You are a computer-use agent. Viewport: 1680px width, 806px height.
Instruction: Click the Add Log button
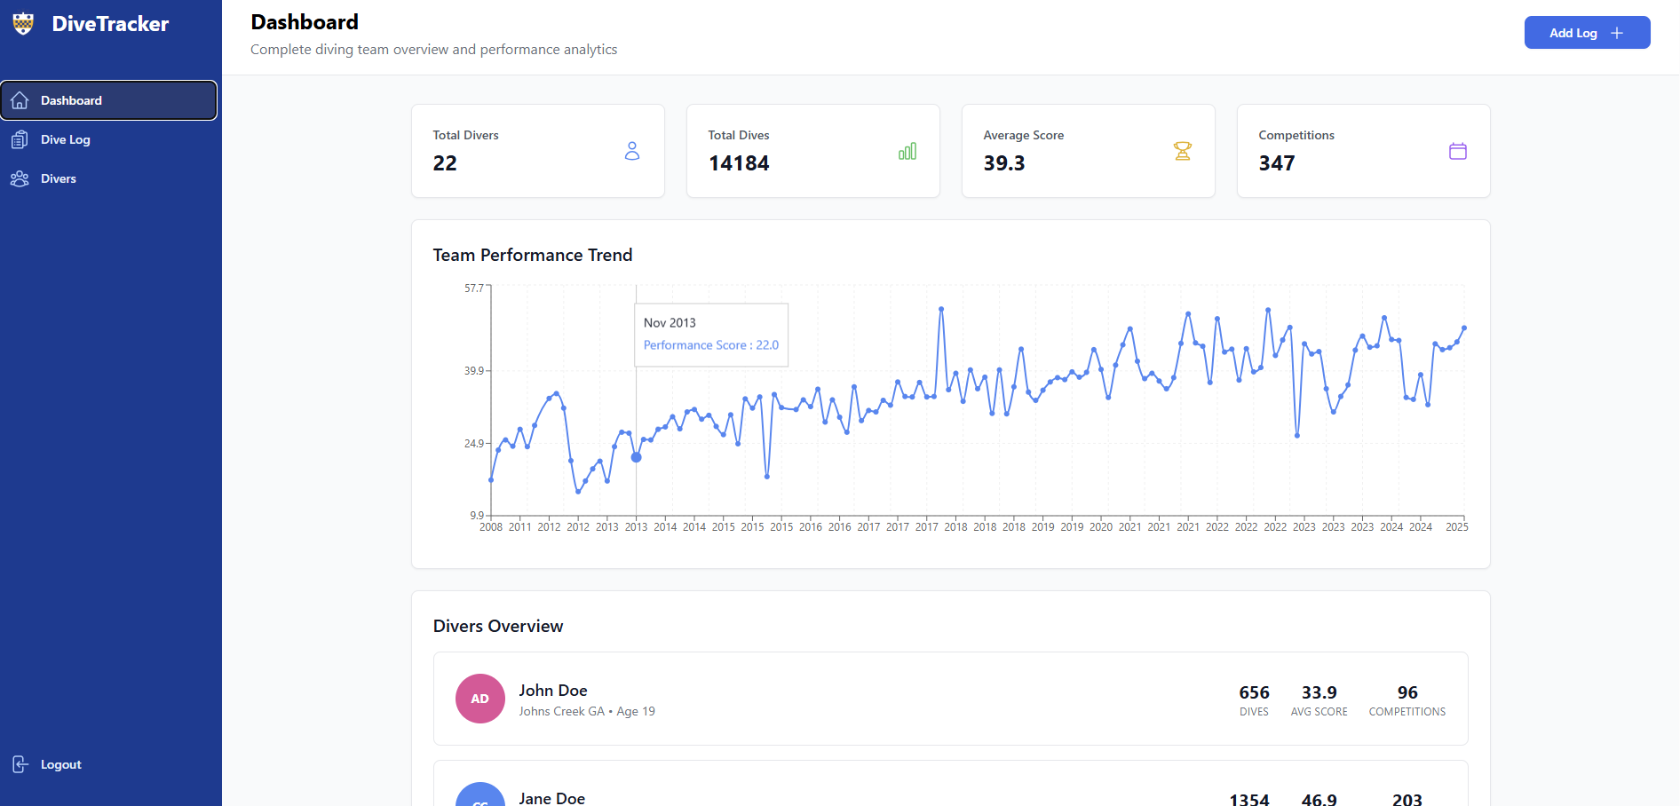click(x=1586, y=33)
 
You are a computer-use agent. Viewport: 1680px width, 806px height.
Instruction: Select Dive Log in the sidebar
click(x=65, y=139)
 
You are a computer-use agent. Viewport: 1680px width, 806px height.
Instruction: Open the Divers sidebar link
click(x=58, y=178)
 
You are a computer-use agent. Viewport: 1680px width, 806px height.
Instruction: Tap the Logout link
click(x=59, y=764)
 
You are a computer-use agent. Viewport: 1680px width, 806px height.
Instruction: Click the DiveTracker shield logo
click(x=23, y=24)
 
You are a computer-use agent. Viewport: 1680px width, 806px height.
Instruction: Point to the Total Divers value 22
click(x=445, y=163)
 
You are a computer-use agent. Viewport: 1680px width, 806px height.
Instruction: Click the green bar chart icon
click(x=907, y=152)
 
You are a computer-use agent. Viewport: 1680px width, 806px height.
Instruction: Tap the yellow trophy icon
click(x=1182, y=152)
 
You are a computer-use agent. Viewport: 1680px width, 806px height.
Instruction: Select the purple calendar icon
click(x=1457, y=152)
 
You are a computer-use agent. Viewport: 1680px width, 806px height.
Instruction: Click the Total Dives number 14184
click(x=739, y=163)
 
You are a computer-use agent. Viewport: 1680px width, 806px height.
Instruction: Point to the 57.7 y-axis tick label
click(x=474, y=288)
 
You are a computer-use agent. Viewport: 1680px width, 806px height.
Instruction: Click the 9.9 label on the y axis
click(x=477, y=515)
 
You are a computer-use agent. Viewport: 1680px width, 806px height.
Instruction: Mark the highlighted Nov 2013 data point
click(x=636, y=457)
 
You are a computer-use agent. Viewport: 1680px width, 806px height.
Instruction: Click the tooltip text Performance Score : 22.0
click(x=710, y=345)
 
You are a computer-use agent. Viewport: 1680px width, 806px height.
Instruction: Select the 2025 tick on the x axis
click(x=1456, y=527)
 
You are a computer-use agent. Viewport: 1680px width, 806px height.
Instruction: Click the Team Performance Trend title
click(x=532, y=256)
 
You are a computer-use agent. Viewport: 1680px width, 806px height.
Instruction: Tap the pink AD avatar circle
click(x=479, y=699)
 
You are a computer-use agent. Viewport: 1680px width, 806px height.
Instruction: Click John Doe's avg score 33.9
click(x=1319, y=692)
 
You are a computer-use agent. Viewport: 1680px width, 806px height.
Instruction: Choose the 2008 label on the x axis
click(x=491, y=527)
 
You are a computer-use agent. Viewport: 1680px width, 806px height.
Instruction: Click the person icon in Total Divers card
click(x=631, y=152)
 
